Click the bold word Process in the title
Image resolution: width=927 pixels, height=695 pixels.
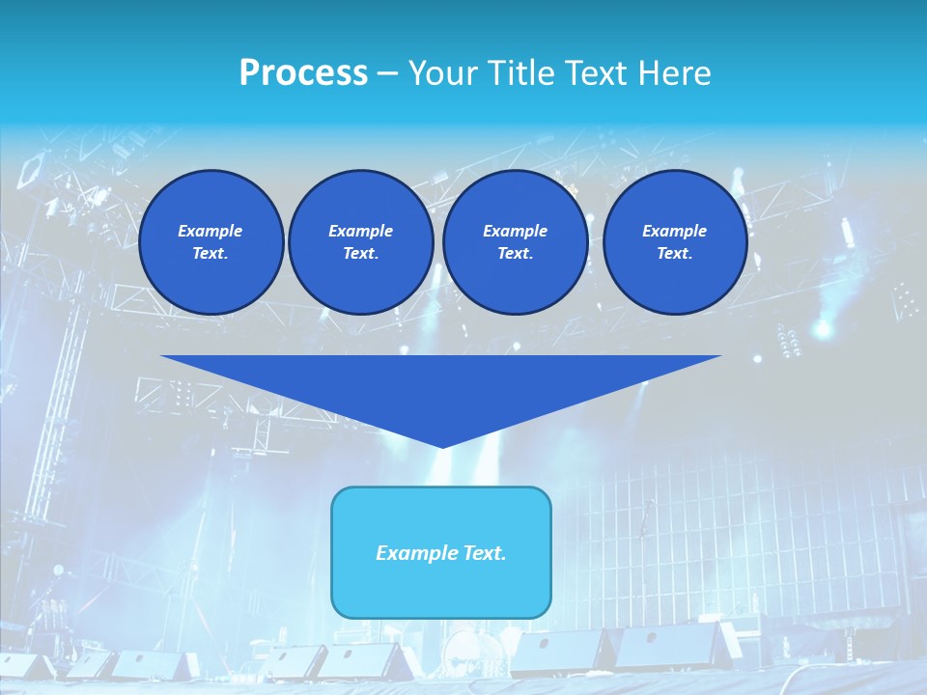click(x=303, y=73)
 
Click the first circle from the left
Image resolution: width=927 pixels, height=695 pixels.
click(x=211, y=242)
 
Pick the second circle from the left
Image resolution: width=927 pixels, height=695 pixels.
click(x=360, y=242)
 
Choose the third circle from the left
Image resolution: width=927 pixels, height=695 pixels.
click(x=515, y=242)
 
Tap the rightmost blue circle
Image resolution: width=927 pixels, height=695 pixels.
click(x=674, y=242)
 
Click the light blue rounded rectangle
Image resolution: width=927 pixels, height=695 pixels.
click(x=441, y=589)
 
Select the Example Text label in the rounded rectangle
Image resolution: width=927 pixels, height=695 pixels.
click(x=441, y=553)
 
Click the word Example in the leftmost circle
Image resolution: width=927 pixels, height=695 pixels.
click(x=211, y=231)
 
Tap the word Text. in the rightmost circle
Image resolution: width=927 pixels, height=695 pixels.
click(x=674, y=254)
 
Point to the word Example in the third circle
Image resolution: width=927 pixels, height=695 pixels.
click(x=515, y=231)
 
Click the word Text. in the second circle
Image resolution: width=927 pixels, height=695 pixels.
click(x=360, y=254)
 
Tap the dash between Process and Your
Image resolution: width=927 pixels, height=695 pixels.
click(x=388, y=73)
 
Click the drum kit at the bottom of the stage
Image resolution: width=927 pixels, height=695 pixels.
click(x=473, y=649)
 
